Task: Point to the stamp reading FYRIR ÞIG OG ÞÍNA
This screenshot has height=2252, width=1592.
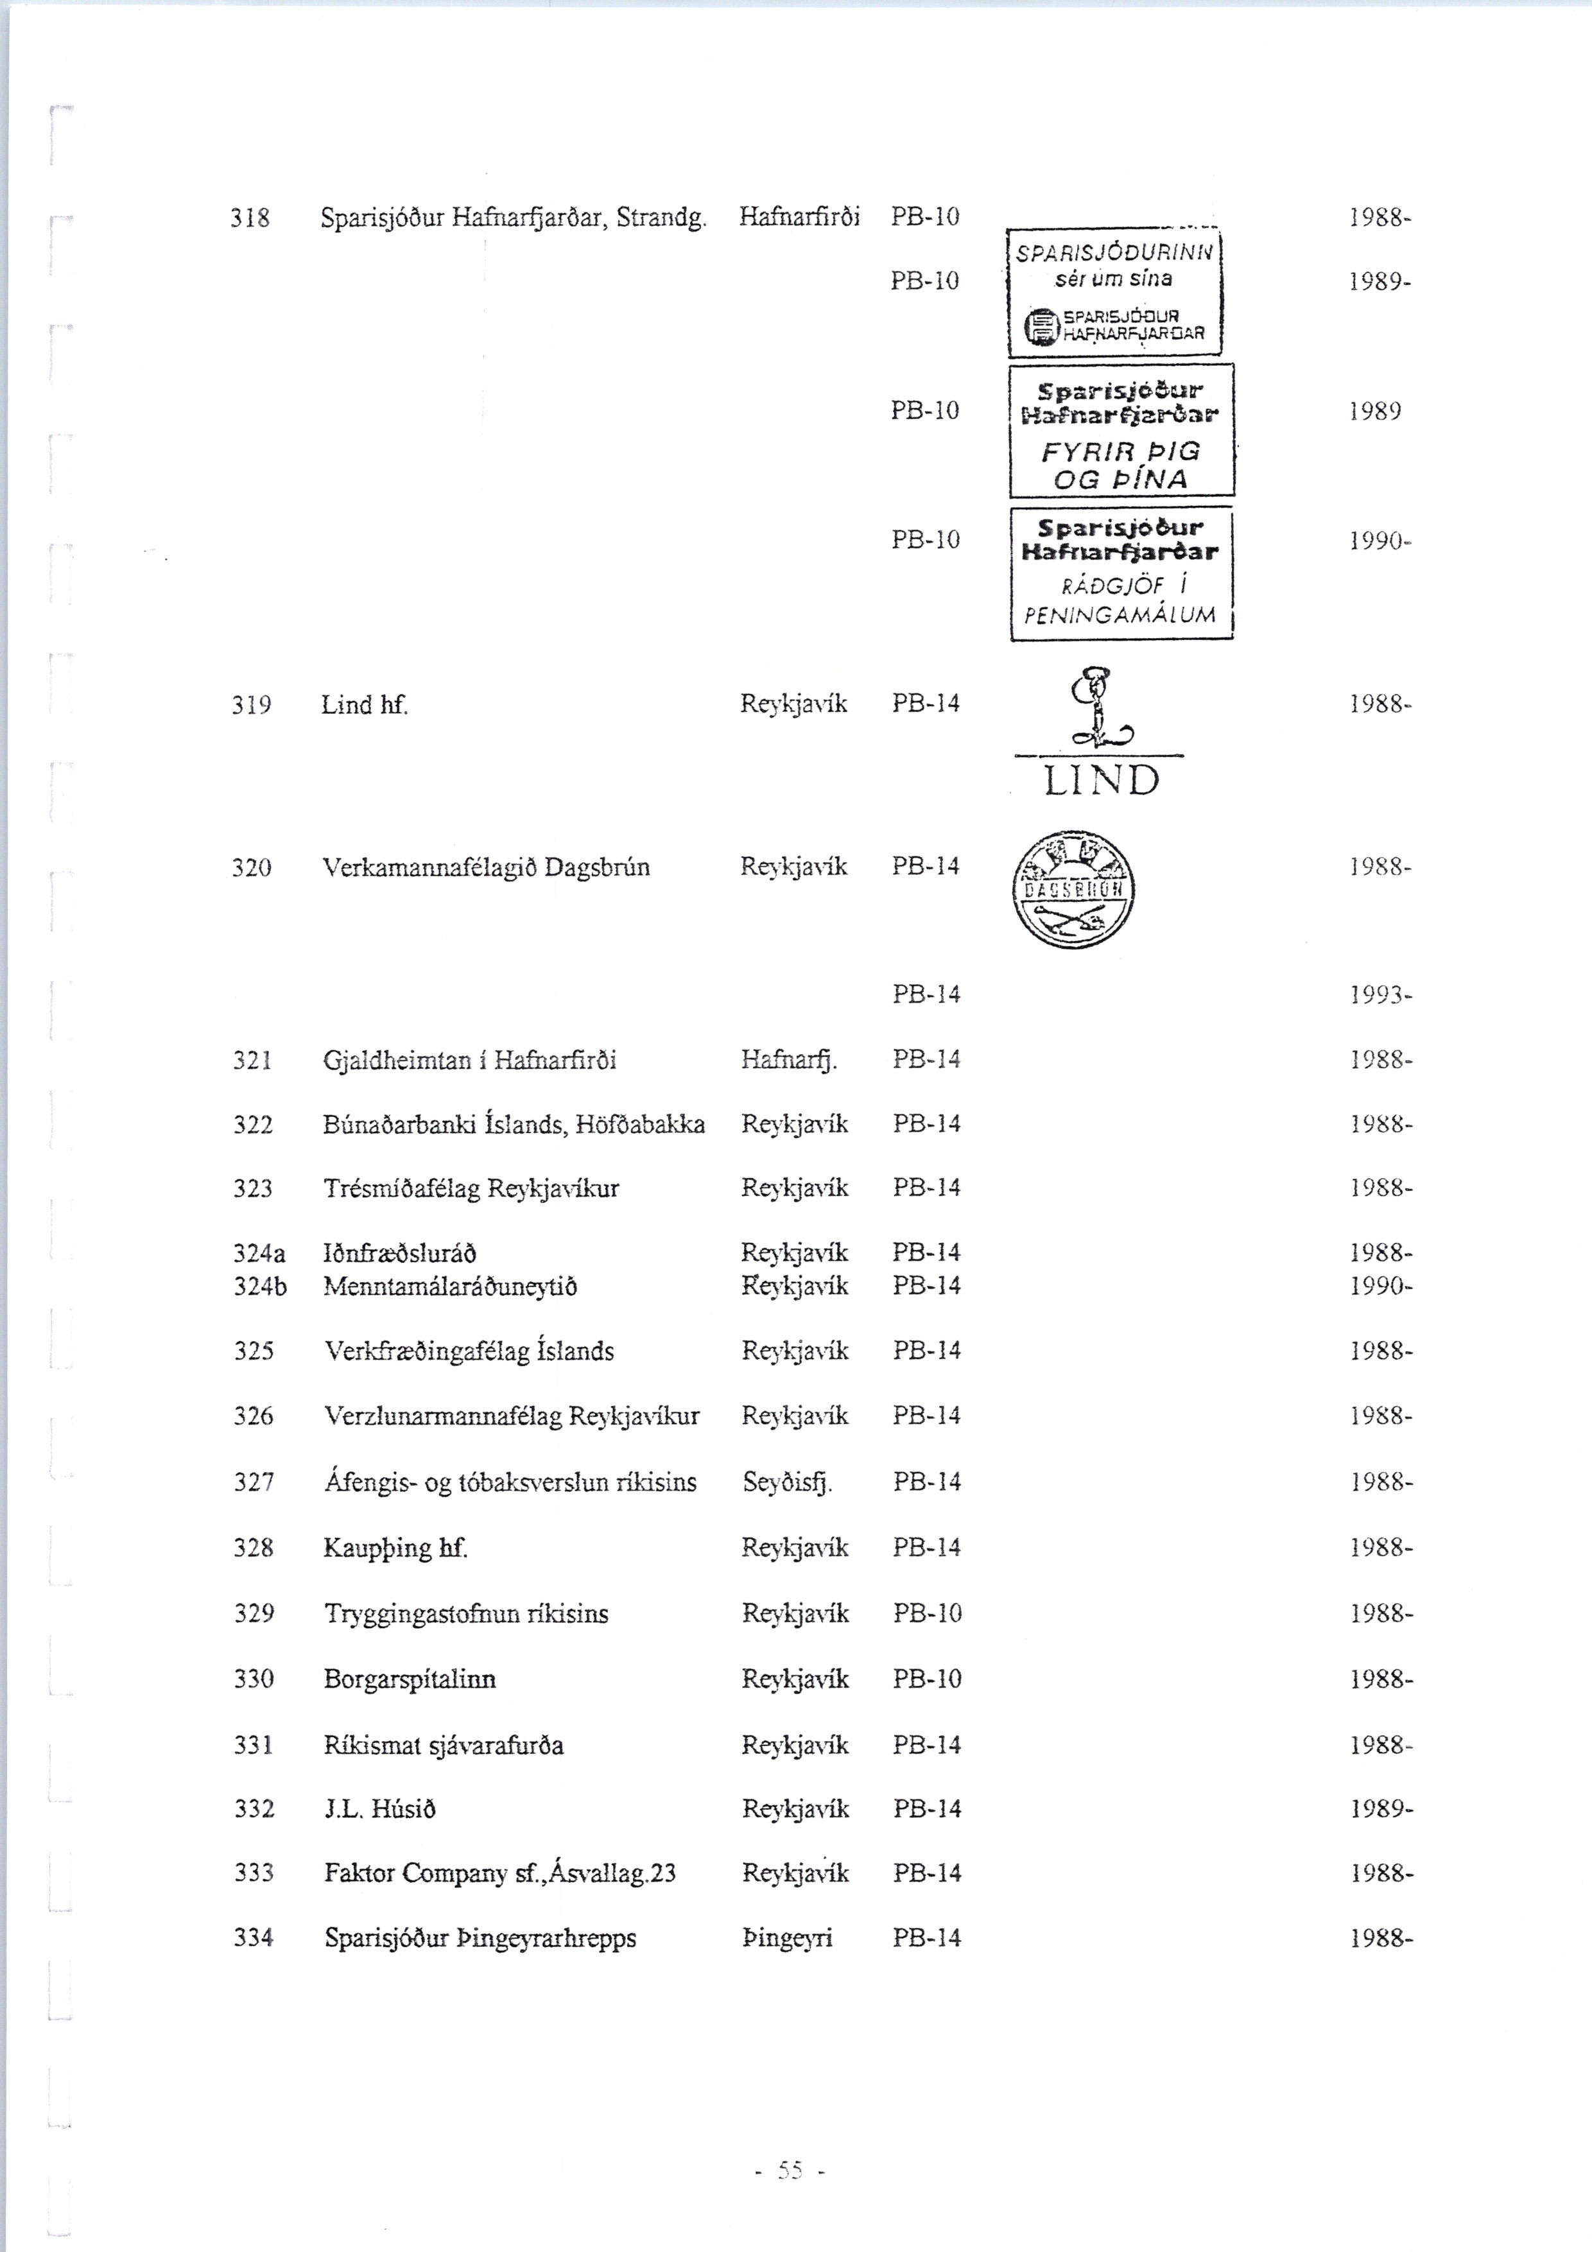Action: (x=1121, y=431)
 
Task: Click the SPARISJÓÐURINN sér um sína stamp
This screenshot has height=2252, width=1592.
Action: (x=1115, y=292)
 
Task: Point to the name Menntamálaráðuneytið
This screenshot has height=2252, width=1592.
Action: (x=450, y=1286)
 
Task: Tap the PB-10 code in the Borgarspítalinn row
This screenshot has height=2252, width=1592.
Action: (x=927, y=1679)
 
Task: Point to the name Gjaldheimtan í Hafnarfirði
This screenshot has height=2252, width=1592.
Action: (x=470, y=1061)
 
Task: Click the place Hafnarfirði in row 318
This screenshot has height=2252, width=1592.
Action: (x=799, y=217)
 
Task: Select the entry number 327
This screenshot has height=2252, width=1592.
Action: (x=253, y=1482)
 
